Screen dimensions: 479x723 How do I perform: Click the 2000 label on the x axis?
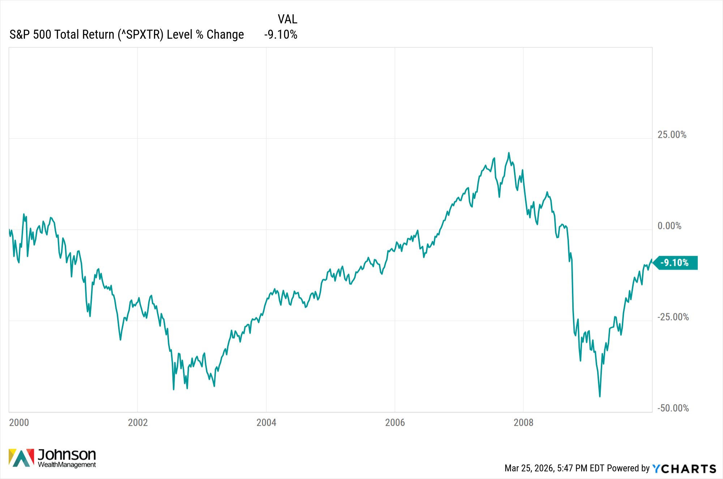point(19,423)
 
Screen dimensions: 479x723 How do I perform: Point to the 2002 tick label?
point(138,423)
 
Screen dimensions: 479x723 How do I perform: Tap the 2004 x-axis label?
point(266,423)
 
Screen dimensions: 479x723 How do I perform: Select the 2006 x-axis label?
point(395,423)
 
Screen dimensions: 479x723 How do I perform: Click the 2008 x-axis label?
point(523,423)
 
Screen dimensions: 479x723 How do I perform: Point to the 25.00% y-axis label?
point(672,135)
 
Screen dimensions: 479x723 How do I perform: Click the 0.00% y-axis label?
point(669,226)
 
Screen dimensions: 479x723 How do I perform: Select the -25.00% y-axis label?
point(673,317)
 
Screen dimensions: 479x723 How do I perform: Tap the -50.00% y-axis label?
point(673,408)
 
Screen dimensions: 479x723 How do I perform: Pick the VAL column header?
point(287,19)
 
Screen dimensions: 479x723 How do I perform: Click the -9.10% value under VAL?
point(281,35)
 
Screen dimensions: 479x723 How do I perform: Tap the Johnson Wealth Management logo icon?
point(21,458)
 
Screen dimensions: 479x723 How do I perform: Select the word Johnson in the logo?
point(67,454)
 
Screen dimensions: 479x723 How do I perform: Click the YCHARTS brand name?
point(684,469)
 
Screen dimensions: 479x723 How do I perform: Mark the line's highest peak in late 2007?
point(509,153)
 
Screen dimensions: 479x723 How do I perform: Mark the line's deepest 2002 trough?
point(174,389)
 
